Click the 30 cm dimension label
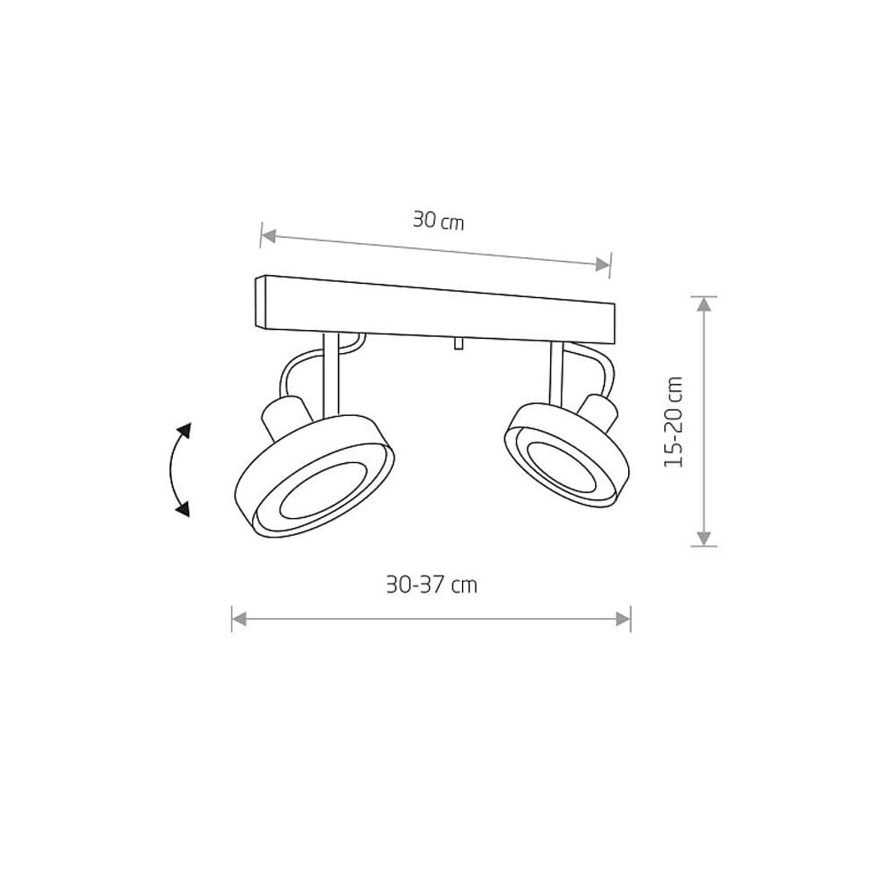(x=438, y=220)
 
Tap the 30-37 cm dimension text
(x=432, y=585)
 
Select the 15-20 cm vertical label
(x=674, y=421)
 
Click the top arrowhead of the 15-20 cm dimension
(x=703, y=304)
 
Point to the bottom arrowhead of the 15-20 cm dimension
(x=703, y=538)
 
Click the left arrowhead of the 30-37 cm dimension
(x=239, y=619)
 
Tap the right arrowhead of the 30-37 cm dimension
(x=623, y=619)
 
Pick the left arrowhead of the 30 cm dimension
(x=269, y=235)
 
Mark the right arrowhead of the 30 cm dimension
(x=602, y=264)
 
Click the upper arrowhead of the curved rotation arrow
(x=184, y=431)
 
